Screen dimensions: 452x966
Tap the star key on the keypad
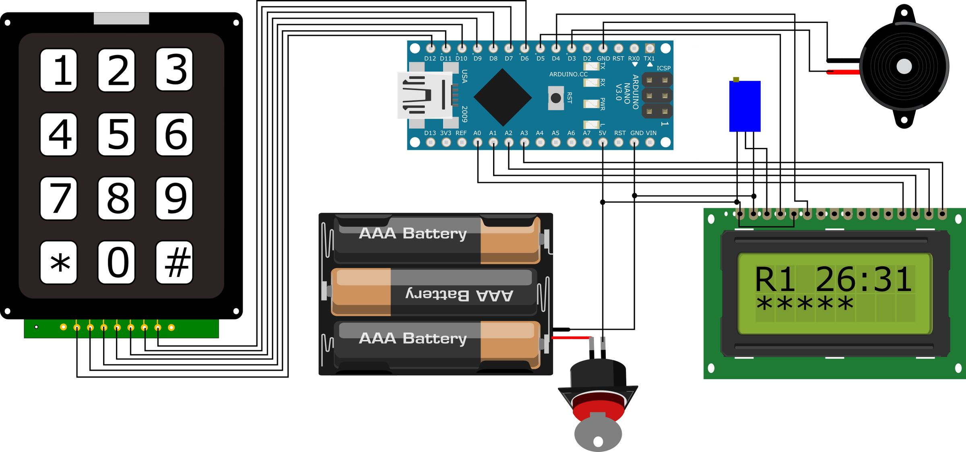tap(59, 263)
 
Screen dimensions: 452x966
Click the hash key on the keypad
tap(174, 263)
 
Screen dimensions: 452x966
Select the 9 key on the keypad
tap(174, 198)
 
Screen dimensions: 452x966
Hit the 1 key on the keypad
tap(59, 70)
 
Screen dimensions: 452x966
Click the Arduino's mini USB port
tap(423, 96)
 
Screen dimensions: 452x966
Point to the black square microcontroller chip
tap(502, 97)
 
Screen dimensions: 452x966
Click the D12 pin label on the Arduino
tap(430, 59)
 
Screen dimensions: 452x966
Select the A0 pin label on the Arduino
tap(477, 133)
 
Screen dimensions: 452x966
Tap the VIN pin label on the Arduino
tap(651, 133)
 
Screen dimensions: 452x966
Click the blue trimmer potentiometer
tap(745, 106)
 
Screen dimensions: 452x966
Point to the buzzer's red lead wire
tap(843, 72)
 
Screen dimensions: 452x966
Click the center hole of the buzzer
tap(904, 66)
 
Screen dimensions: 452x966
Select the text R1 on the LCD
tap(774, 279)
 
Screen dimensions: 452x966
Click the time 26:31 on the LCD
tap(863, 279)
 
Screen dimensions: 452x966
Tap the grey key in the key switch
tap(598, 434)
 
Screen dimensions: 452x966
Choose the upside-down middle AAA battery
tap(434, 292)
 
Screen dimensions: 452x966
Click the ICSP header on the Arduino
tap(657, 95)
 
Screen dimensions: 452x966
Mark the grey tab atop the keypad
tap(121, 18)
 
